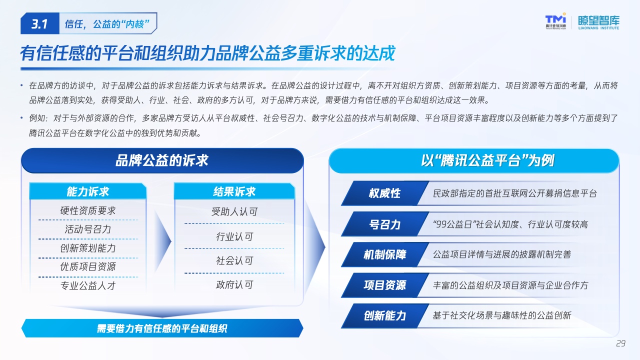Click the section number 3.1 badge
39,23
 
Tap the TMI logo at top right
555,21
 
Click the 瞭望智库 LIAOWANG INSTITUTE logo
598,22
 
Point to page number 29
621,343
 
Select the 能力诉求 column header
88,191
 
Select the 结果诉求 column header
234,191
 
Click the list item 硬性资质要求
87,210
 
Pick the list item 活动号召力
87,229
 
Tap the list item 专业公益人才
87,285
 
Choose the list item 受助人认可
234,211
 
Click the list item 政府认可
234,284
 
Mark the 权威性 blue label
385,193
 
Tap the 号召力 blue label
385,224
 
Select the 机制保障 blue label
385,254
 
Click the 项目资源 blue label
385,285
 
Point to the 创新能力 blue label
385,315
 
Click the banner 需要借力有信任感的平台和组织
162,328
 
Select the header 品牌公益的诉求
162,160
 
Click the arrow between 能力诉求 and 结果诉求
162,241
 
